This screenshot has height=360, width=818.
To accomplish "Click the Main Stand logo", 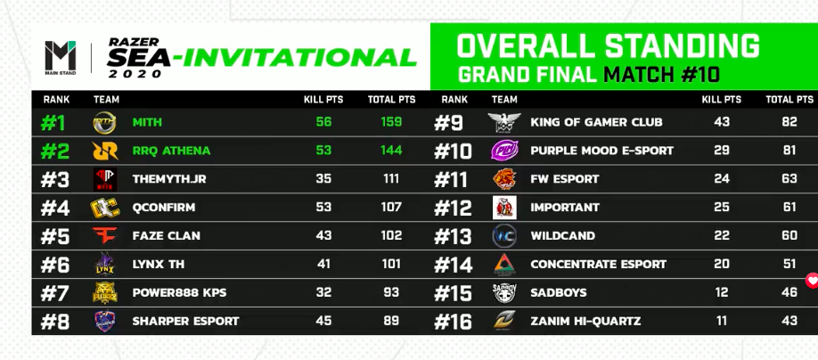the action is click(x=60, y=57).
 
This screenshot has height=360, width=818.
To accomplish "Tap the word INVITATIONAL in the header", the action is click(x=299, y=57).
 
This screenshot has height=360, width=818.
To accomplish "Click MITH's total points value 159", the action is click(x=391, y=122).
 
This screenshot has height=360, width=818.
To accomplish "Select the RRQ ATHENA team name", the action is click(x=171, y=151).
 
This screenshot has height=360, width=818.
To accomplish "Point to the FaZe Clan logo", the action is click(x=105, y=236).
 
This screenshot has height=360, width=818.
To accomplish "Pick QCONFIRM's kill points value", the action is click(x=323, y=207).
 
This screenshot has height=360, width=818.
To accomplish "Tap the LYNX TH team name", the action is click(x=158, y=264).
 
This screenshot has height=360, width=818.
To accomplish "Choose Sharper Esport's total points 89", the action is click(x=391, y=321).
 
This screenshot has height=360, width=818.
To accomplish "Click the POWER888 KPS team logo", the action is click(x=105, y=292).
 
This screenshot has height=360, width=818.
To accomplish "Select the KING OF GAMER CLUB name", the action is click(x=596, y=122).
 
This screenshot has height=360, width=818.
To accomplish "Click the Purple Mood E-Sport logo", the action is click(x=504, y=151).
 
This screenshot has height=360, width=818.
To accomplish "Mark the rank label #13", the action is click(x=453, y=236).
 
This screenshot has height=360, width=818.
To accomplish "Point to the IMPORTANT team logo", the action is click(x=504, y=208).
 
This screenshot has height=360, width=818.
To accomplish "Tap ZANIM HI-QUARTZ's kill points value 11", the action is click(x=722, y=321).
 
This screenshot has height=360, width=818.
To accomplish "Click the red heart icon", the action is click(x=813, y=281).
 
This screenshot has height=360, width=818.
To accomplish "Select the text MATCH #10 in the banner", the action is click(x=661, y=75).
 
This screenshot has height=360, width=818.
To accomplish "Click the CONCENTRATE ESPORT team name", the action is click(x=599, y=264).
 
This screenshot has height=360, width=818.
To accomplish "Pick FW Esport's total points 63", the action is click(x=789, y=179).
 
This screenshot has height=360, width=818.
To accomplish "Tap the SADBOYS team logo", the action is click(x=504, y=292).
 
